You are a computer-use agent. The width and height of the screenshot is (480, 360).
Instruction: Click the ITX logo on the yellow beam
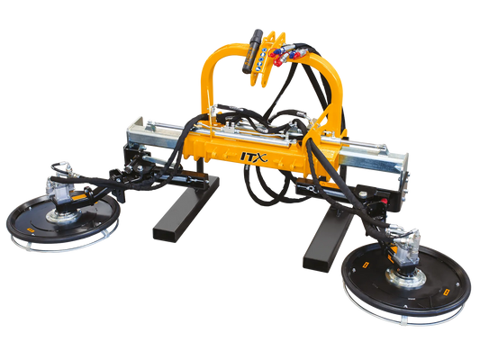[x=254, y=157]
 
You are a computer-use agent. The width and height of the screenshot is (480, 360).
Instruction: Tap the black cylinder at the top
[x=252, y=50]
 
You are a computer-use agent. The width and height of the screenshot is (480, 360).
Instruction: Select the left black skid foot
[x=186, y=208]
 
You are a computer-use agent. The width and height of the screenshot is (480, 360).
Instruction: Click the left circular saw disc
[x=63, y=219]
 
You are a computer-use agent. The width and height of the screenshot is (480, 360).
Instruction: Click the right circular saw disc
[x=406, y=277]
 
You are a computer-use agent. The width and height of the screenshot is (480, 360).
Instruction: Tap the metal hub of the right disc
[x=405, y=278]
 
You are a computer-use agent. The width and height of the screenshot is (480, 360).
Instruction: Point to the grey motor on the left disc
[x=60, y=190]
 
